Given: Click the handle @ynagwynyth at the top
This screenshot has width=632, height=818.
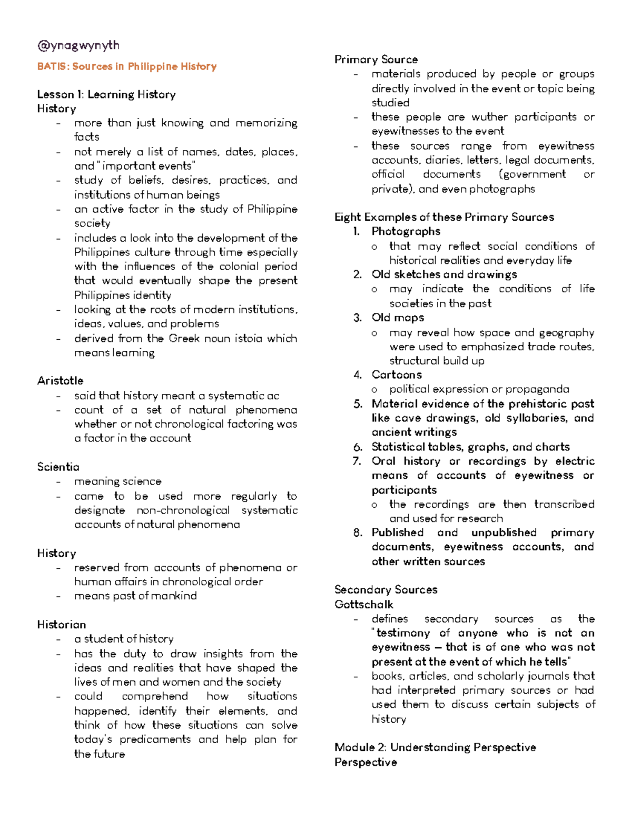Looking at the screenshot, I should [78, 46].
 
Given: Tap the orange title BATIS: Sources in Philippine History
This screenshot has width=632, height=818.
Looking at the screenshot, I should [127, 66].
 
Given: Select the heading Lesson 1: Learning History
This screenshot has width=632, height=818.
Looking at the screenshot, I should [106, 94].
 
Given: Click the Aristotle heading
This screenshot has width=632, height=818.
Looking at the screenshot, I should [60, 380].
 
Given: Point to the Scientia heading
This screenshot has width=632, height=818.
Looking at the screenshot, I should [58, 467].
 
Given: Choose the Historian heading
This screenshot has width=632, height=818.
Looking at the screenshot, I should [61, 624].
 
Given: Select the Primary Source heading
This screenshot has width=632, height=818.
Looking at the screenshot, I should [376, 60].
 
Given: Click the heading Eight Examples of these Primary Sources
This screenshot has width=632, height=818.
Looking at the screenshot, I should [444, 217].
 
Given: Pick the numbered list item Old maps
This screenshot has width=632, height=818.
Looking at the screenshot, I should [398, 318].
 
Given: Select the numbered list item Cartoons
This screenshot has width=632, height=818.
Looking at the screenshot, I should [397, 374].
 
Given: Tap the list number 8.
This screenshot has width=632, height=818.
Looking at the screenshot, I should [358, 533].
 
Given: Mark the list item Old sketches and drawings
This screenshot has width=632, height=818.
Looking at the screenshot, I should [444, 274].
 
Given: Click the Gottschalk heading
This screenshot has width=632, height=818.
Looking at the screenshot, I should [364, 604].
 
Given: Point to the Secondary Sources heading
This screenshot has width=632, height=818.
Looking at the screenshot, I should [386, 589].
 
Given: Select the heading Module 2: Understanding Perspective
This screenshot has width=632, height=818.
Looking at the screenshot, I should [435, 747].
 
